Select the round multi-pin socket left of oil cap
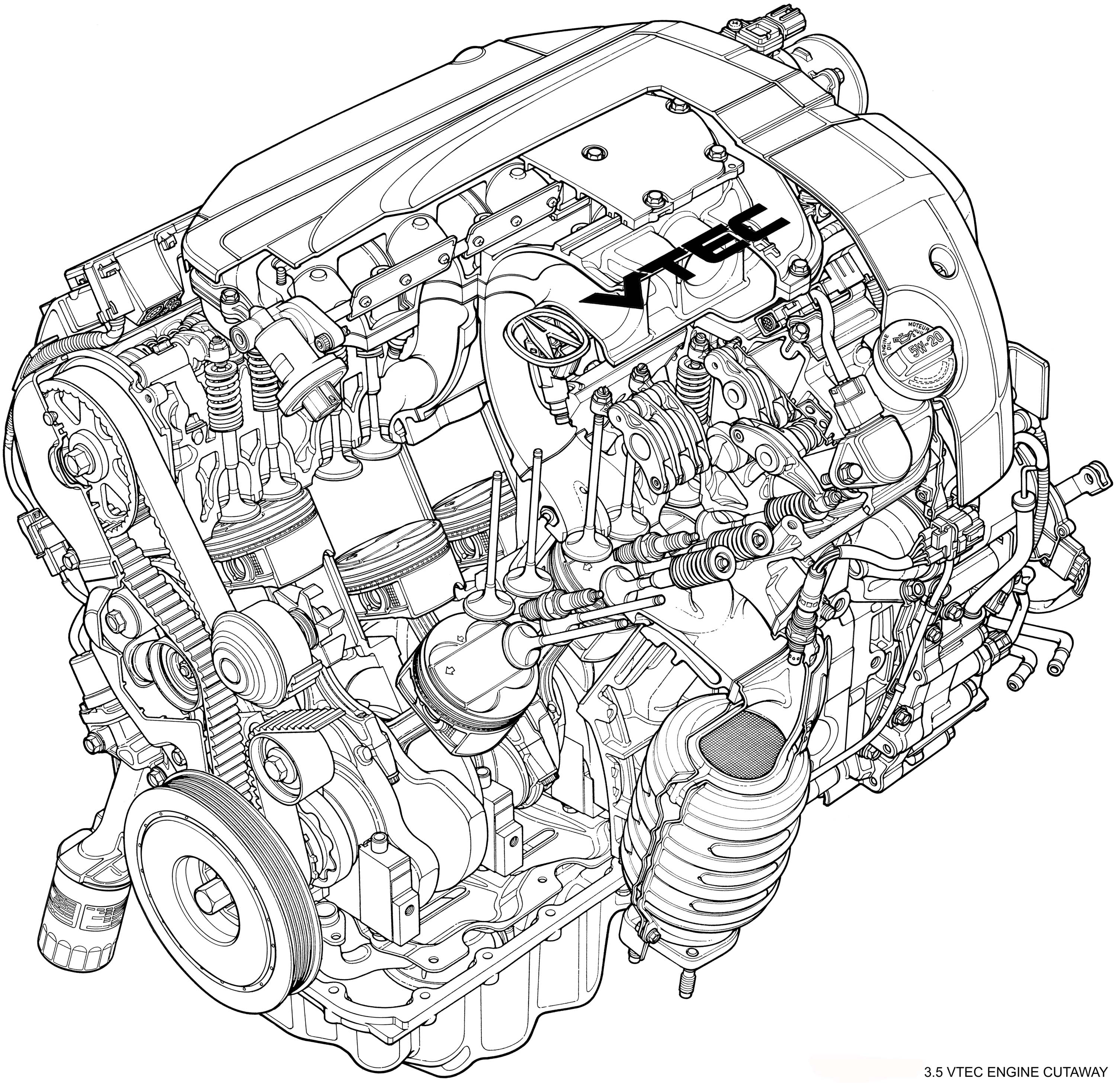click(768, 323)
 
